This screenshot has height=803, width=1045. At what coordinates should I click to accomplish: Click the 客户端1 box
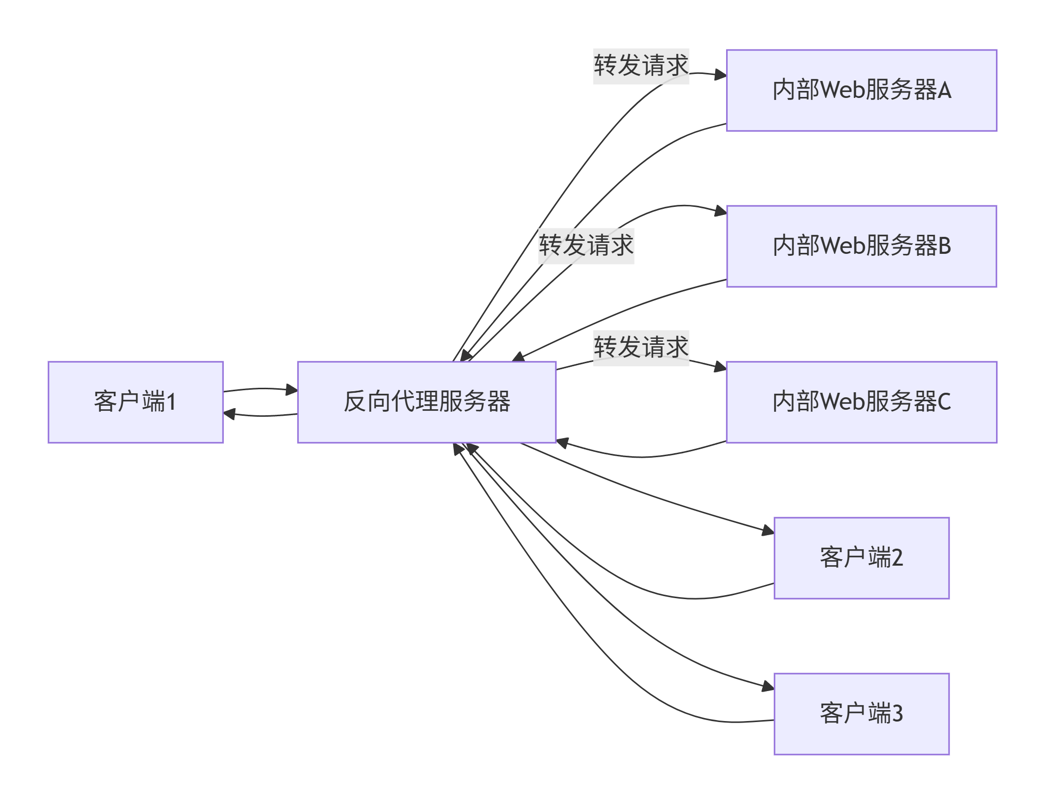click(135, 402)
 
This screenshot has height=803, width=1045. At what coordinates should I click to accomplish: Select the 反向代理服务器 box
click(427, 402)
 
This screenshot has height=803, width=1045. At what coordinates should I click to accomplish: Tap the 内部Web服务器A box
click(862, 90)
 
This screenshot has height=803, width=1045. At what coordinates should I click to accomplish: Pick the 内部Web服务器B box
click(862, 246)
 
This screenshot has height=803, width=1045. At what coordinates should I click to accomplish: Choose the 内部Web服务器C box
click(862, 402)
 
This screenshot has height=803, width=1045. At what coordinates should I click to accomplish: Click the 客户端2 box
click(862, 558)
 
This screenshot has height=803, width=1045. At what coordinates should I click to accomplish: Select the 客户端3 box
click(862, 714)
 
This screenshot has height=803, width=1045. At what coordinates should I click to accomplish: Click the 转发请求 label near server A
click(641, 66)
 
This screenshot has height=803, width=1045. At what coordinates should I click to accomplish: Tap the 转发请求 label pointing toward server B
click(586, 246)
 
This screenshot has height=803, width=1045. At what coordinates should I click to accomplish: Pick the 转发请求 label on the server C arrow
click(641, 348)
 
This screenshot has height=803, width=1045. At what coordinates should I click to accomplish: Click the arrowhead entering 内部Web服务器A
click(721, 75)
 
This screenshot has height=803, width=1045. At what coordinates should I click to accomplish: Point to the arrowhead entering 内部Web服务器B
click(721, 211)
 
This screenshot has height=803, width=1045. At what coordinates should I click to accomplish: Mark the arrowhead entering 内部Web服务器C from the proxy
click(721, 367)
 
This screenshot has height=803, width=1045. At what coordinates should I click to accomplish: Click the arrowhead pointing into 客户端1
click(229, 414)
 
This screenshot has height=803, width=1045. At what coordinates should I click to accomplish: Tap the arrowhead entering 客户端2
click(768, 530)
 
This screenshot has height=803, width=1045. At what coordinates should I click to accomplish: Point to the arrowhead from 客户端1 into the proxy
click(291, 390)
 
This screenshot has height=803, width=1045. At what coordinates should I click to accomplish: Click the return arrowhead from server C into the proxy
click(563, 443)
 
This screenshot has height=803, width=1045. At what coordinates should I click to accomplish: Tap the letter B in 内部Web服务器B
click(945, 246)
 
